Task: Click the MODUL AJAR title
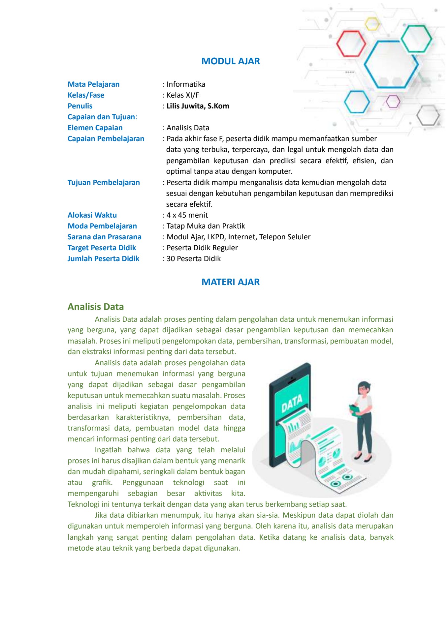[230, 61]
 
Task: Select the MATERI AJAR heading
[230, 282]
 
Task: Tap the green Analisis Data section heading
[96, 307]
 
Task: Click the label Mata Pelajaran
[93, 84]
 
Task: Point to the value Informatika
[186, 84]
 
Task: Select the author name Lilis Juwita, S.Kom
[198, 106]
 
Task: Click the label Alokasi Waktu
[92, 215]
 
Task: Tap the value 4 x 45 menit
[187, 215]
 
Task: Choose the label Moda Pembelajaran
[102, 226]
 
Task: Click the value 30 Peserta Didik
[193, 259]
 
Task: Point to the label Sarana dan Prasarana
[104, 237]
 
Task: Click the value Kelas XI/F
[183, 95]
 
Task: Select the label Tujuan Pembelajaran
[104, 183]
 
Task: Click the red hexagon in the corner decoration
[351, 43]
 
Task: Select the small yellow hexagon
[372, 24]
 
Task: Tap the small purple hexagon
[393, 101]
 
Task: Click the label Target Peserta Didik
[102, 248]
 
